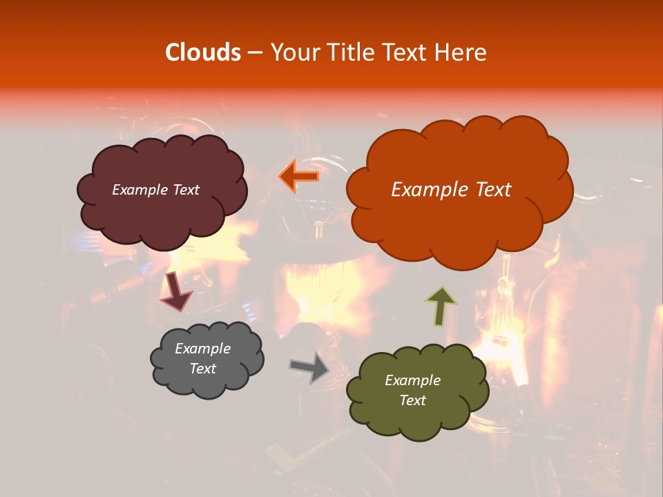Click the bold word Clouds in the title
[x=203, y=52]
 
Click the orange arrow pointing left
[x=299, y=176]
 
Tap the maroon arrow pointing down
[x=175, y=291]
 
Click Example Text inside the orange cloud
[x=451, y=190]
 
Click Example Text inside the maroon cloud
[x=155, y=190]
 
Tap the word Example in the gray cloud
[x=202, y=349]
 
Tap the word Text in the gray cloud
[x=202, y=369]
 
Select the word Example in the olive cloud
[x=412, y=380]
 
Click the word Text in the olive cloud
[x=412, y=400]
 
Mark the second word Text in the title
[x=412, y=52]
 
